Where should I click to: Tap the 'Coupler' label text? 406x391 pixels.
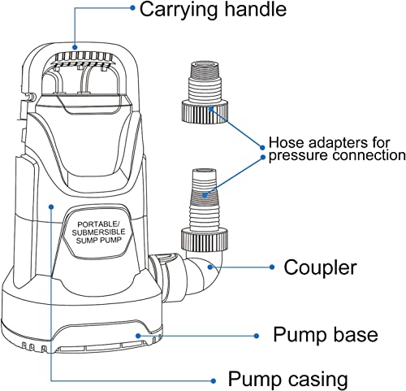click(x=320, y=267)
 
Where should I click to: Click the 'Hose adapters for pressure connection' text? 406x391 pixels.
click(x=336, y=148)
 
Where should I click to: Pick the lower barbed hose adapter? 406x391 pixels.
click(x=203, y=203)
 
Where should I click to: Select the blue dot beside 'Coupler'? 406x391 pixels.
click(x=269, y=267)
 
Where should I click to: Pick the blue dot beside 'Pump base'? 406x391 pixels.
click(x=257, y=334)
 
